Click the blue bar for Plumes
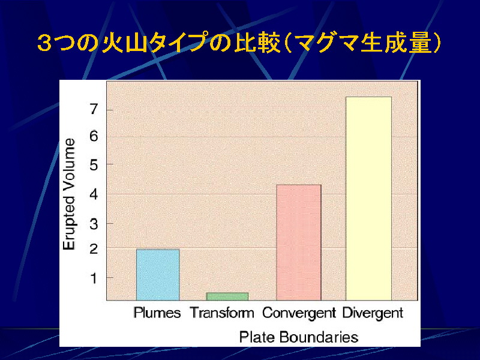[x=158, y=275]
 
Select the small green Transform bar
[x=227, y=296]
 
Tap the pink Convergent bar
[x=298, y=242]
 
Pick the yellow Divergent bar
[x=368, y=199]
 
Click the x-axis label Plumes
[x=157, y=313]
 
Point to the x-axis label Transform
[x=222, y=313]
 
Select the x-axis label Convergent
[x=299, y=313]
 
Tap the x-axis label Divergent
[x=373, y=313]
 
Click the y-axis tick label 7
[x=94, y=109]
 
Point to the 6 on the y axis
[x=94, y=136]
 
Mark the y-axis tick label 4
[x=94, y=194]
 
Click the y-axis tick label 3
[x=94, y=224]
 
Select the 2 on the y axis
[x=94, y=248]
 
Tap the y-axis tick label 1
[x=94, y=278]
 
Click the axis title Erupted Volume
[x=69, y=194]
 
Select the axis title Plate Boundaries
[x=298, y=337]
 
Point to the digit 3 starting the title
[x=44, y=43]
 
